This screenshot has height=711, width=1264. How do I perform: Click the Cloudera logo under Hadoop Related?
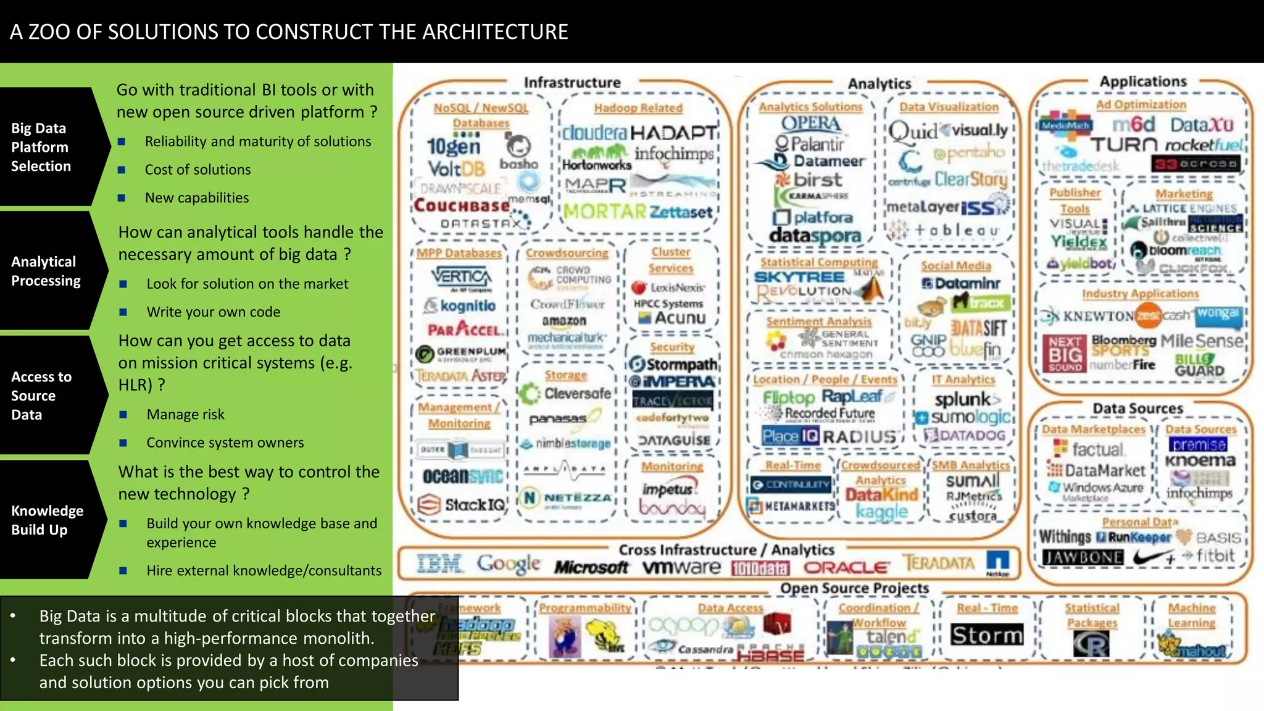point(594,133)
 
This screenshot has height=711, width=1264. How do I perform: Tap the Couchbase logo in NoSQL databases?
point(462,205)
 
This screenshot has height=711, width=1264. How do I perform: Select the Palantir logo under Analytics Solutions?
point(809,144)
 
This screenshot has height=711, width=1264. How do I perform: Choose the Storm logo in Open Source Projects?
point(986,635)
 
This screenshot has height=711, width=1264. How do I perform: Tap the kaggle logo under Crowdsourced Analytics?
point(881,512)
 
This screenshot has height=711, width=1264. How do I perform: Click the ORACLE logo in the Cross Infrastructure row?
point(846,567)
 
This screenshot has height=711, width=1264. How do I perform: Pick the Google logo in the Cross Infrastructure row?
point(509,563)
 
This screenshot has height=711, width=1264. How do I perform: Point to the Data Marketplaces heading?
point(1093,429)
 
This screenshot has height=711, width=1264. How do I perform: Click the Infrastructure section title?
point(572,82)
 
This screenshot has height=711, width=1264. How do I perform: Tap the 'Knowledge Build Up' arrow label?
point(47,520)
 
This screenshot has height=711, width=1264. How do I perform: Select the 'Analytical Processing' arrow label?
point(46,271)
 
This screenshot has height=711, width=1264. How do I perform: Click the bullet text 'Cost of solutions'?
point(197,170)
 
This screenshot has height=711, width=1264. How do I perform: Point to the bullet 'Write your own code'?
point(213,312)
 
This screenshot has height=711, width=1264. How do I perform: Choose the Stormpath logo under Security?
point(673,364)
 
